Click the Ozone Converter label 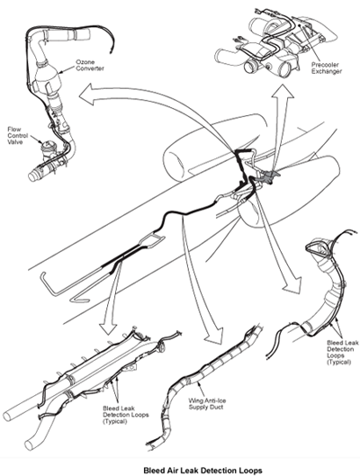[x=89, y=65]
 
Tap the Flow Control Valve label [x=18, y=135]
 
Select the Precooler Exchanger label [x=327, y=68]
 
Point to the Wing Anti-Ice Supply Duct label [x=207, y=404]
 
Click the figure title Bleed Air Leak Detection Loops [x=202, y=471]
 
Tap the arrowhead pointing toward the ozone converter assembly [x=86, y=95]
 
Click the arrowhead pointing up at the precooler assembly [x=283, y=91]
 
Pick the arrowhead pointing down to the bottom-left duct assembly [x=108, y=328]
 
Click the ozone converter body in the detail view [x=48, y=78]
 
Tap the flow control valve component [x=47, y=149]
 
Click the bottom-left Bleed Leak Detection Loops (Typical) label [x=126, y=415]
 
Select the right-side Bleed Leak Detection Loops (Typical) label [x=343, y=352]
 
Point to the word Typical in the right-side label [x=338, y=362]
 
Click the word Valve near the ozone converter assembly [x=15, y=142]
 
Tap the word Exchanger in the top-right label [x=327, y=71]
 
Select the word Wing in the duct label [x=195, y=400]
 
